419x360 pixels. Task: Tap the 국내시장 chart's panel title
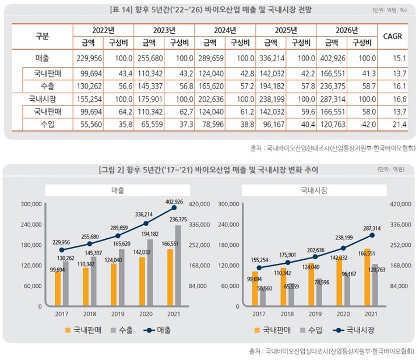click(314, 190)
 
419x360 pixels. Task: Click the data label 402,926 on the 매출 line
click(175, 202)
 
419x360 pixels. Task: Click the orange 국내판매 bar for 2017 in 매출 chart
click(58, 288)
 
